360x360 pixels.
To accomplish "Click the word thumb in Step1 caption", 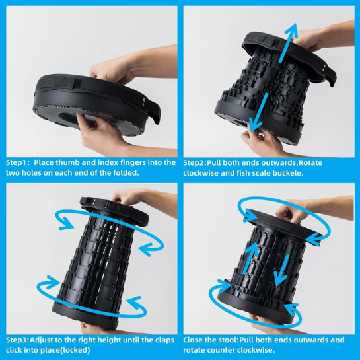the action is (67, 163).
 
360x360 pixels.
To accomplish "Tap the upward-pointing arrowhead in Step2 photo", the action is (292, 29).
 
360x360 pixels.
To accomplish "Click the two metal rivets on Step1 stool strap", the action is (143, 102).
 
